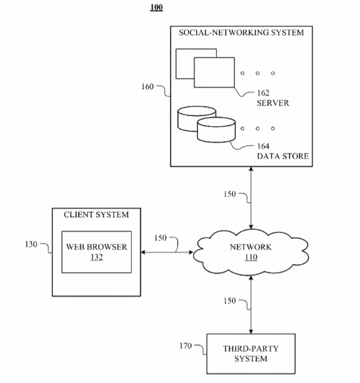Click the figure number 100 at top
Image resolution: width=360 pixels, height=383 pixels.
tap(157, 8)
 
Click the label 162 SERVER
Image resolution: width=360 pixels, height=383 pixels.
tap(273, 97)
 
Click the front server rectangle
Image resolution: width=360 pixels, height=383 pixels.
tap(214, 73)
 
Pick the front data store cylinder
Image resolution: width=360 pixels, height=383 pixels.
tap(214, 130)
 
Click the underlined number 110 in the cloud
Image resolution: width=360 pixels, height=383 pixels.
tap(251, 258)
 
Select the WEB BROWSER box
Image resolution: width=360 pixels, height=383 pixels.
tap(97, 252)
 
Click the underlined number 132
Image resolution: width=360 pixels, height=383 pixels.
tap(97, 257)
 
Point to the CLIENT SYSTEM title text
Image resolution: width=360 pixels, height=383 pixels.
tap(97, 215)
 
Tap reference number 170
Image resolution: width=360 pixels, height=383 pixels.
tap(186, 345)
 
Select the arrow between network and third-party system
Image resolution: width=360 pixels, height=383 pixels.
tap(251, 306)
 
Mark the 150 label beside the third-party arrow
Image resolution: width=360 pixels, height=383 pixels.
tap(230, 301)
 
